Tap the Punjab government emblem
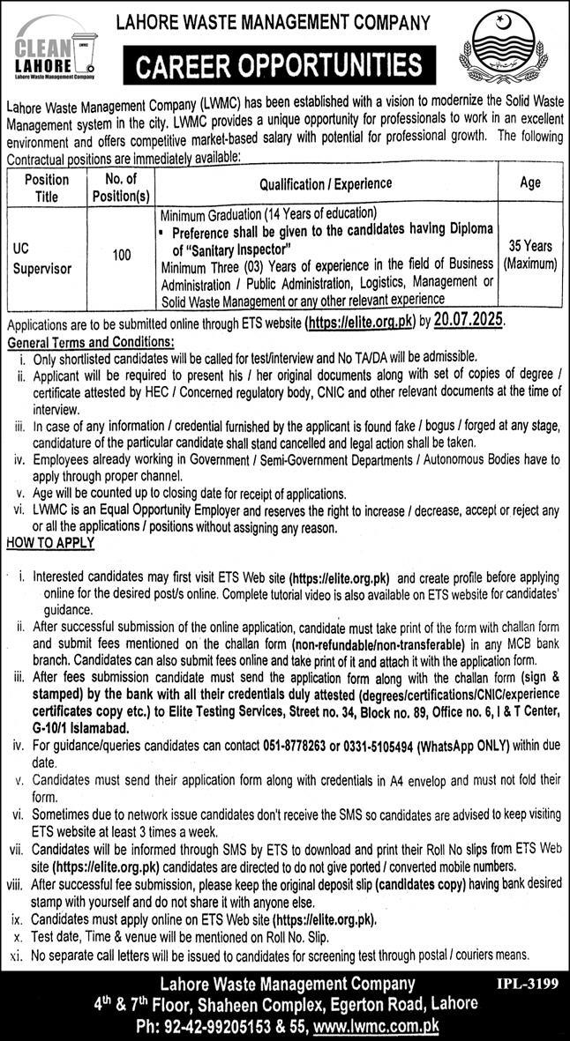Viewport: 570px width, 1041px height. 510,51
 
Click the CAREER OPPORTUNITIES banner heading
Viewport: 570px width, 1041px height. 279,65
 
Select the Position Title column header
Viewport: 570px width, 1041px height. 47,188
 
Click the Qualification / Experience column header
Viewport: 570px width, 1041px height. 326,183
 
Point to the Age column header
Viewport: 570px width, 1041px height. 530,183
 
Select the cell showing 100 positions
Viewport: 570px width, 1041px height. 122,256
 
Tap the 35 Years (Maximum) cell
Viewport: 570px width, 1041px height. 530,256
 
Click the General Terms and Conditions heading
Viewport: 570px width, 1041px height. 90,341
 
